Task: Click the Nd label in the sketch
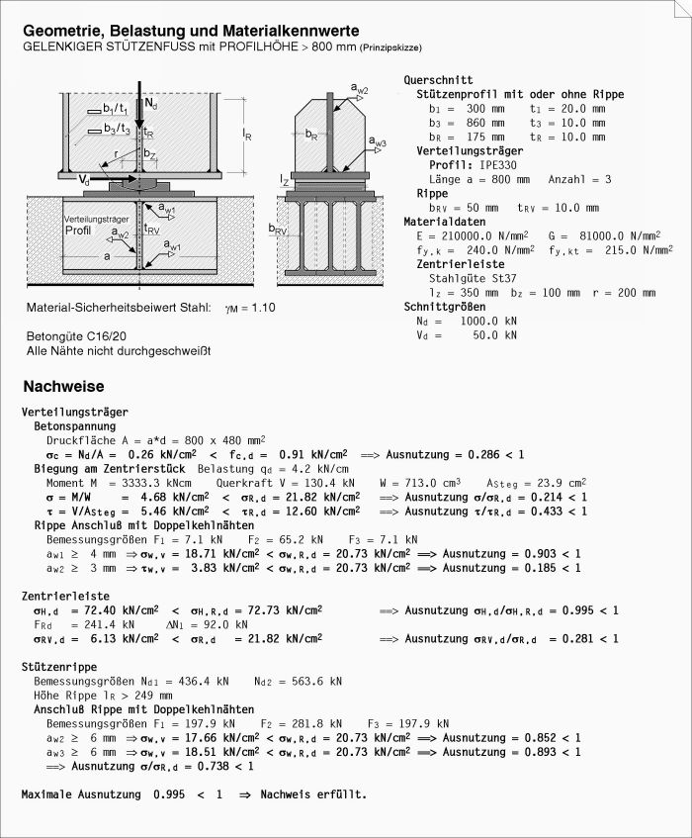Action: click(x=149, y=103)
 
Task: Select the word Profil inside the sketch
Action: click(x=78, y=230)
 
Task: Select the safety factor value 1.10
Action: click(x=262, y=308)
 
